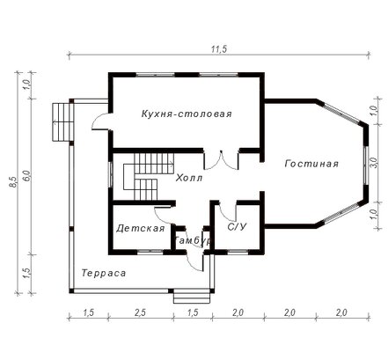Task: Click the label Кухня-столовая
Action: tap(187, 114)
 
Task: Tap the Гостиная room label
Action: tap(311, 164)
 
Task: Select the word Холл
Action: tap(189, 178)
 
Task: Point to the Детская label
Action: tap(141, 228)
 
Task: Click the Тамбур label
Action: tap(192, 240)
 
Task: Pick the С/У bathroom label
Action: tap(237, 227)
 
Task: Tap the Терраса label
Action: tap(104, 273)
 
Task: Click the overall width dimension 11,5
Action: tap(219, 49)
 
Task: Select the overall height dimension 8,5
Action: tap(13, 182)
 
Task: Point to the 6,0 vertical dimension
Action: tap(27, 176)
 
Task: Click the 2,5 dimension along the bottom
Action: tap(141, 312)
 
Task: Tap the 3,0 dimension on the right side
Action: tap(374, 163)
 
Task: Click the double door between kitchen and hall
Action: tap(221, 160)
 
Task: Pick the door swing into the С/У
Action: tap(227, 212)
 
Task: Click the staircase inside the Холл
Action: tap(148, 177)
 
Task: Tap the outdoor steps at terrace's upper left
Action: tap(62, 121)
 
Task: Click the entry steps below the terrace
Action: tap(192, 298)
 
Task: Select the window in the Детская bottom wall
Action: tap(150, 252)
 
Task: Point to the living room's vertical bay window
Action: tap(365, 165)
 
